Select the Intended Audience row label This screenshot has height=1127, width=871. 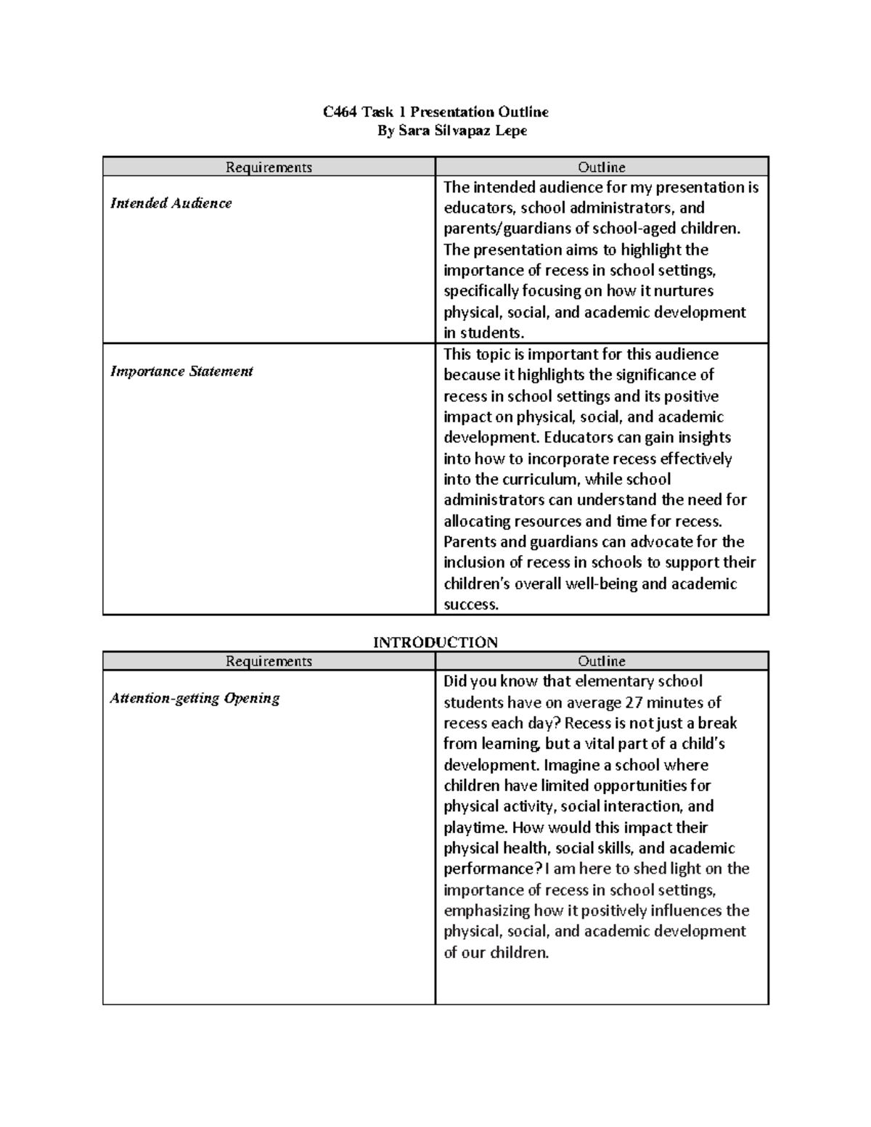(171, 203)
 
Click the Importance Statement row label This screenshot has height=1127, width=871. (181, 372)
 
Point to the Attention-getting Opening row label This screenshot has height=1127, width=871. (195, 698)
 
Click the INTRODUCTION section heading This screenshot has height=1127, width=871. (435, 642)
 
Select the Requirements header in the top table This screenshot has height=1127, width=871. (269, 168)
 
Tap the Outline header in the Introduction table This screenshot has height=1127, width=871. (601, 661)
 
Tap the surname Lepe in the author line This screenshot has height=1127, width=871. (511, 131)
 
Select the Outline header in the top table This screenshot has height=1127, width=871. (601, 168)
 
